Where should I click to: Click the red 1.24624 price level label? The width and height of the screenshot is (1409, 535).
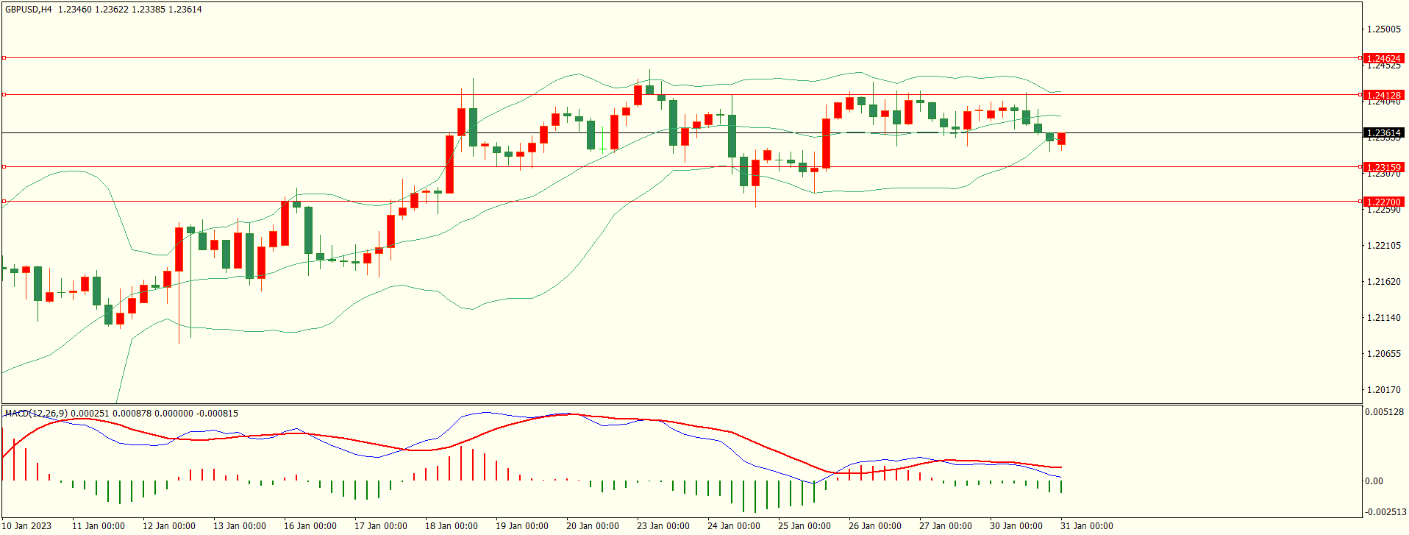pos(1383,58)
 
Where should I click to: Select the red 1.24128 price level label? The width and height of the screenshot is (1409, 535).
pos(1383,95)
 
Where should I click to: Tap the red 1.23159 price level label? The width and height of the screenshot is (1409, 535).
pos(1383,167)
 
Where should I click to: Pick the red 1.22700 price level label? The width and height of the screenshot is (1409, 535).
pos(1383,202)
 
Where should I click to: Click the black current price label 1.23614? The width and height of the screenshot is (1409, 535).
pos(1383,133)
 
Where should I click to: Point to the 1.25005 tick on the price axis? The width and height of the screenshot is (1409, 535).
pos(1383,29)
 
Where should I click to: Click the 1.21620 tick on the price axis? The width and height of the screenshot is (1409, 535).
pos(1383,282)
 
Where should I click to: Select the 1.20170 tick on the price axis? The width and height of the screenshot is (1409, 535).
pos(1383,390)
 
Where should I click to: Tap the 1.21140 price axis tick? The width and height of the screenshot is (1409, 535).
pos(1383,318)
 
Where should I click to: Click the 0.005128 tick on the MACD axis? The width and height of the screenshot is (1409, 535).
pos(1384,412)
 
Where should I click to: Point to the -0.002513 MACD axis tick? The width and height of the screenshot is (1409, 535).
pos(1384,512)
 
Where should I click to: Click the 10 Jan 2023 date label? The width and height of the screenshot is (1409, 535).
pos(28,525)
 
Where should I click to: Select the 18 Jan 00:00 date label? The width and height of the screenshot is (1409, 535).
pos(451,525)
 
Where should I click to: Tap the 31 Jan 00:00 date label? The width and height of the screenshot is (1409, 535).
pos(1086,525)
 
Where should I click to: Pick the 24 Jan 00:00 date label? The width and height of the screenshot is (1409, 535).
pos(733,525)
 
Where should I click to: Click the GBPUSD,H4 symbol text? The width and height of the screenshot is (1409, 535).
pos(28,10)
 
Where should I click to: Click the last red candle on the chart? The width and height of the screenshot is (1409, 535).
pos(1061,139)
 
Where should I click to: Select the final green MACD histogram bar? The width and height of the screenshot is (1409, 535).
pos(1061,486)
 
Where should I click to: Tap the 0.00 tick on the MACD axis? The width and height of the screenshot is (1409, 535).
pos(1374,481)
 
